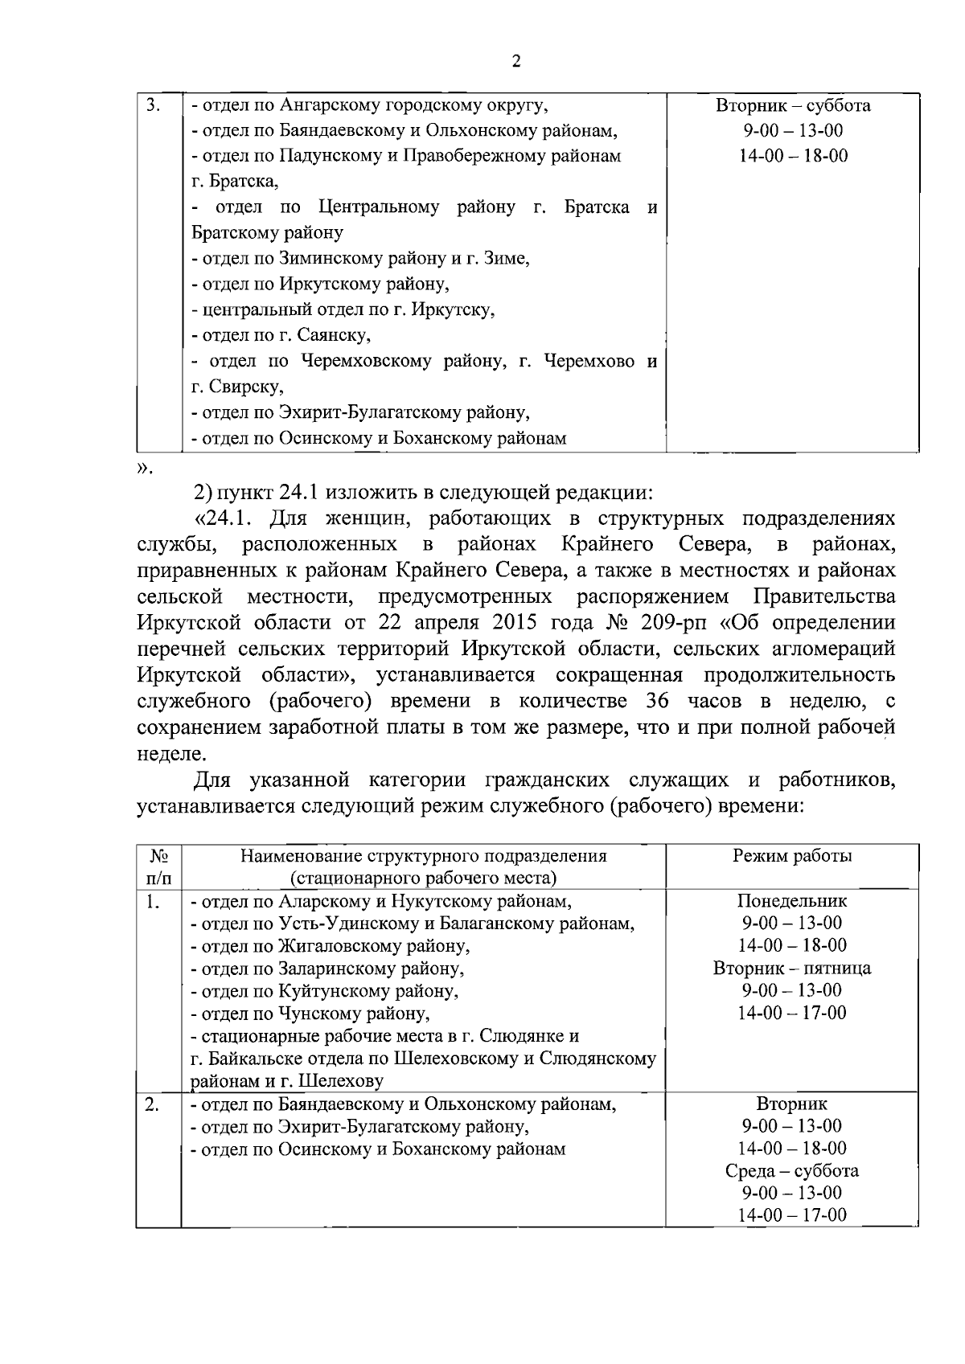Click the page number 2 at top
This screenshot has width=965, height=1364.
[515, 62]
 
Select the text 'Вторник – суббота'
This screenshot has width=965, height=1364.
[792, 105]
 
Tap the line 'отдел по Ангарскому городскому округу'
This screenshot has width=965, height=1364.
[370, 105]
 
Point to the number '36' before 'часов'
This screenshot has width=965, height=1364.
[659, 701]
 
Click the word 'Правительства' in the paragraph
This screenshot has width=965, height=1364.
[823, 597]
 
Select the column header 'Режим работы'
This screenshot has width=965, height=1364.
[792, 856]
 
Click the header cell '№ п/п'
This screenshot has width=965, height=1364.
[158, 866]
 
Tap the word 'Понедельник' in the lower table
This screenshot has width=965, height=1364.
[792, 901]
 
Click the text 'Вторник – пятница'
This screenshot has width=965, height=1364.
[792, 968]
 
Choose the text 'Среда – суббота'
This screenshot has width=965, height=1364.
[792, 1170]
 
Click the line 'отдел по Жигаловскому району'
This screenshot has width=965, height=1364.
[331, 946]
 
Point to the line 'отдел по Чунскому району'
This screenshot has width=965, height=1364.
[315, 1014]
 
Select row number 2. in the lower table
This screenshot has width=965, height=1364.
[151, 1104]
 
